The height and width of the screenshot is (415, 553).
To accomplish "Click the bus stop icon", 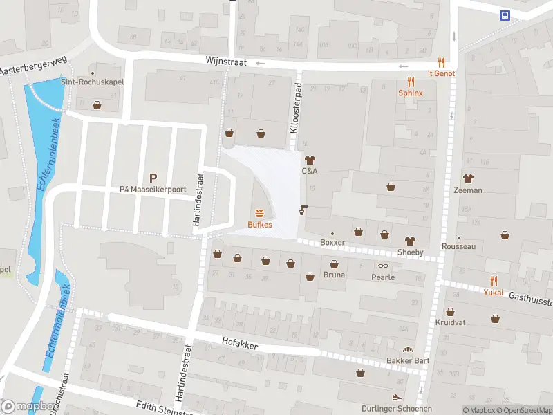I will click(505, 16).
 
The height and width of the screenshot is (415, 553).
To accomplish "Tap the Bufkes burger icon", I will click(260, 213).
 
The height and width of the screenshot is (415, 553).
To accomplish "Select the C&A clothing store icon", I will click(310, 160).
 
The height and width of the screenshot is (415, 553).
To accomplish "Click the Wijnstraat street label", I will click(225, 61).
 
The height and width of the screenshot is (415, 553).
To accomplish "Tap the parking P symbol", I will click(153, 177).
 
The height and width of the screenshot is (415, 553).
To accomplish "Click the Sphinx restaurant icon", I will click(410, 81).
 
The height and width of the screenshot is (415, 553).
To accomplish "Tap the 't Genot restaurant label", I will click(441, 73).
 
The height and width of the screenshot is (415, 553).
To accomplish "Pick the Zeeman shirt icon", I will click(468, 178).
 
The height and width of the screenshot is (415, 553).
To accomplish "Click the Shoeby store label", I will click(410, 252).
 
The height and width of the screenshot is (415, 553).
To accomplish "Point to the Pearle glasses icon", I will click(382, 266).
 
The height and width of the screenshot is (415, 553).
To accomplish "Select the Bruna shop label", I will click(334, 275).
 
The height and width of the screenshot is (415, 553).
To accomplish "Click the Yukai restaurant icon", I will click(493, 280).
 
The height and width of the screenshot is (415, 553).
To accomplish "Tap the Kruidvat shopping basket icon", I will click(450, 312).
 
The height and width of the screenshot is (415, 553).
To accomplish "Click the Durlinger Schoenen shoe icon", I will click(396, 398).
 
